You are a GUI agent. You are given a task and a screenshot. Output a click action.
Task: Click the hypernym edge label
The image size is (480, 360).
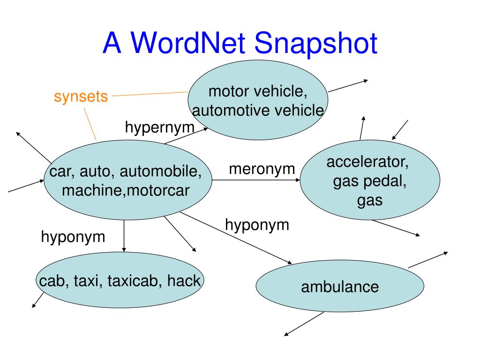click(159, 127)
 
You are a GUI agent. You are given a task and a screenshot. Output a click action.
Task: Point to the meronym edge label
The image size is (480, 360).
click(262, 169)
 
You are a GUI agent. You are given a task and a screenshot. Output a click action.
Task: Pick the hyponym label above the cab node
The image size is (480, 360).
click(73, 236)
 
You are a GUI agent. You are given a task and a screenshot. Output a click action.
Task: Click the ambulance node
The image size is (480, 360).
click(339, 286)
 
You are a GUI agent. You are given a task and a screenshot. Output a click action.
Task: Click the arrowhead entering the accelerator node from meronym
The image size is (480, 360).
click(297, 180)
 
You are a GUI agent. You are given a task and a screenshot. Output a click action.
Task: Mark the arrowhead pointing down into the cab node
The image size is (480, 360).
click(124, 249)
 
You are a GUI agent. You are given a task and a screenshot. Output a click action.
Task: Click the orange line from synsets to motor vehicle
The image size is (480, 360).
click(150, 94)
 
